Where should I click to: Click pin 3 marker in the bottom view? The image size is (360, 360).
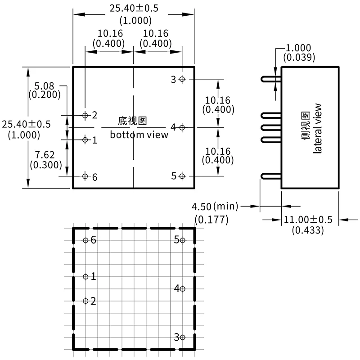pyautogui.click(x=182, y=79)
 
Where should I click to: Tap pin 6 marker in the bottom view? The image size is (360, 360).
pyautogui.click(x=85, y=176)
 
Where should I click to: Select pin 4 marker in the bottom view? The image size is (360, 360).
pyautogui.click(x=182, y=128)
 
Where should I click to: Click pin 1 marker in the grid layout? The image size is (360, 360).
pyautogui.click(x=85, y=277)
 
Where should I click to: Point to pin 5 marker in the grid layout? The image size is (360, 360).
pyautogui.click(x=182, y=240)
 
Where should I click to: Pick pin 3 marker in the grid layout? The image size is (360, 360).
pyautogui.click(x=182, y=337)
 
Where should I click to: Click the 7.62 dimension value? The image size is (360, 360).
pyautogui.click(x=45, y=155)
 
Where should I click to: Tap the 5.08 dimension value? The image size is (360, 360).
pyautogui.click(x=45, y=85)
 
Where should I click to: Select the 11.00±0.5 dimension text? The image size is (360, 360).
pyautogui.click(x=307, y=220)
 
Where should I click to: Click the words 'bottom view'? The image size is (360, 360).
pyautogui.click(x=139, y=135)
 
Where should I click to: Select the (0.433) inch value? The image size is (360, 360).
pyautogui.click(x=307, y=230)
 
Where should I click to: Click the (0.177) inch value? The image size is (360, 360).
pyautogui.click(x=211, y=220)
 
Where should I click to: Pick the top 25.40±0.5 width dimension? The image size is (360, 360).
pyautogui.click(x=134, y=9)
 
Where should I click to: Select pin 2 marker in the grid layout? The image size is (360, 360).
pyautogui.click(x=85, y=301)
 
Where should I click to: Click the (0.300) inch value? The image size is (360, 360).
pyautogui.click(x=45, y=165)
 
